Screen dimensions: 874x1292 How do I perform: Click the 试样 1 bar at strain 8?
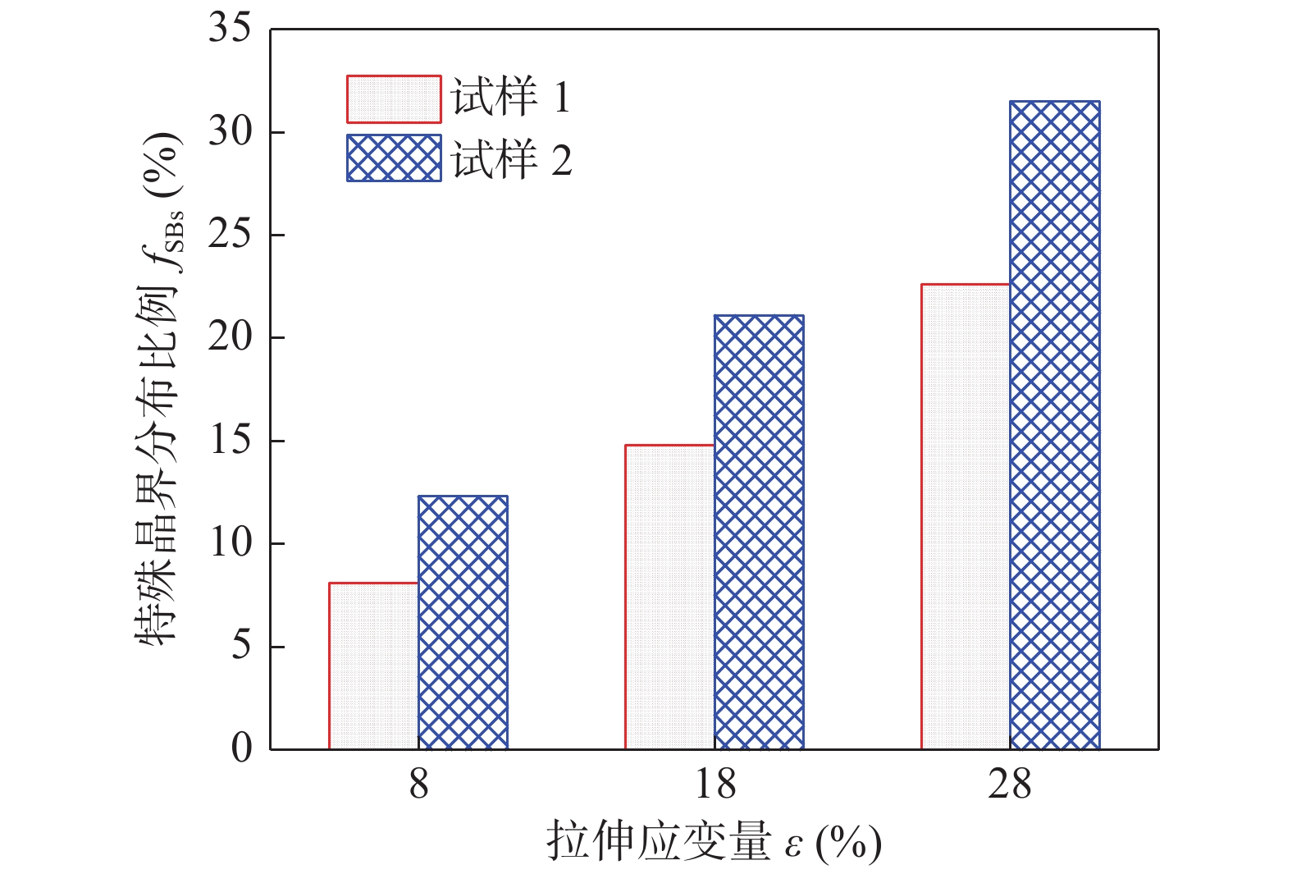tap(373, 666)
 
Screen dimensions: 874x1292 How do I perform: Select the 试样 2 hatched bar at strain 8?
tap(463, 622)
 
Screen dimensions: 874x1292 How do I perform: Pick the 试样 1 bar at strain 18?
tap(669, 597)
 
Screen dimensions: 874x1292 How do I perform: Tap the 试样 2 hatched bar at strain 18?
tap(759, 532)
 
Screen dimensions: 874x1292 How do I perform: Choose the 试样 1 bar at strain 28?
tap(966, 516)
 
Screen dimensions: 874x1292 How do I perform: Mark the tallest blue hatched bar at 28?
tap(1055, 425)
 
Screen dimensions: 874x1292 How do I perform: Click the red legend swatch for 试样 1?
tap(394, 99)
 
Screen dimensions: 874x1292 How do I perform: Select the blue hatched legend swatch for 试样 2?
tap(394, 158)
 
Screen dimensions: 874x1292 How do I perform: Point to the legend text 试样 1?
tap(510, 98)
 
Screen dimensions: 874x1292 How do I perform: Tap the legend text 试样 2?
tap(510, 159)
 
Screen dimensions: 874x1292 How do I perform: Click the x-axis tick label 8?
tap(418, 785)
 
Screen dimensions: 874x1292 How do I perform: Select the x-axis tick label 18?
tap(714, 785)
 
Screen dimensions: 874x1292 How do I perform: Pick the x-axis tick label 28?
tap(1010, 785)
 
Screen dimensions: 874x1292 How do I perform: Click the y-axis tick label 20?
tap(230, 337)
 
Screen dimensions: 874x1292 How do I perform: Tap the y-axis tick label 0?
tap(241, 748)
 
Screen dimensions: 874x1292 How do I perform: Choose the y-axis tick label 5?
tap(241, 646)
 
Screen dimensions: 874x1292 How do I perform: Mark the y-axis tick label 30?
tap(230, 131)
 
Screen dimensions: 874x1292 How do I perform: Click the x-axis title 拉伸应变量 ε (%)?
tap(714, 842)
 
